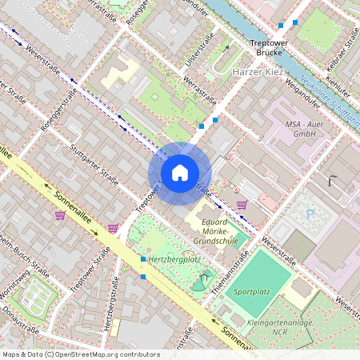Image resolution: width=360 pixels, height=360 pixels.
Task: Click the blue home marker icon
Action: (x=179, y=173)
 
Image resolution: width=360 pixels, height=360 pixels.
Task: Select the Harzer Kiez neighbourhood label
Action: (x=257, y=72)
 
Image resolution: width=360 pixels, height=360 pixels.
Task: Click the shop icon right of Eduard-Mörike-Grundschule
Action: (x=242, y=206)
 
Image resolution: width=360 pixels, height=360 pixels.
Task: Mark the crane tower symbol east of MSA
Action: (x=330, y=181)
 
